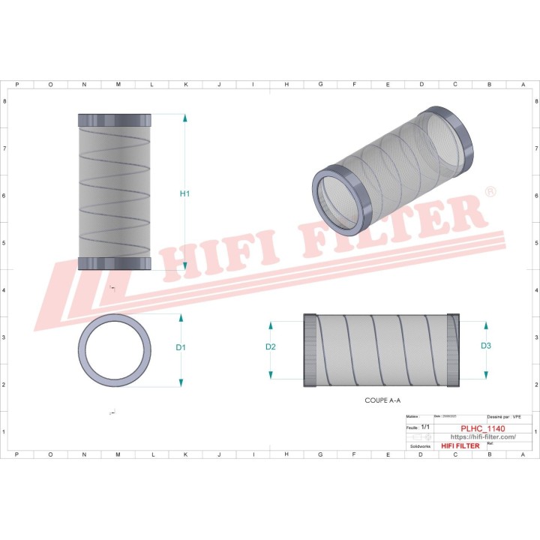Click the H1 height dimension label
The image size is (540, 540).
tap(185, 194)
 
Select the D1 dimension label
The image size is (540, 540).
tap(181, 347)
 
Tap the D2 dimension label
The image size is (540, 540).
tap(271, 346)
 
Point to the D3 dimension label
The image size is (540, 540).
tap(486, 346)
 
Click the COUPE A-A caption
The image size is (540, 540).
tap(388, 402)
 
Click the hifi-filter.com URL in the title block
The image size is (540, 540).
tap(482, 436)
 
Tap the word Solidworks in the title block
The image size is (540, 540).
tap(417, 445)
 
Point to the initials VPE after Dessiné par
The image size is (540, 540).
tap(516, 416)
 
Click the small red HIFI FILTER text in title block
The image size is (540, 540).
tap(460, 446)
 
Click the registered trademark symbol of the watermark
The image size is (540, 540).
tap(490, 192)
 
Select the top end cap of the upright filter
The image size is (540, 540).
tap(115, 121)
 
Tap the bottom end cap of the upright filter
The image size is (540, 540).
tap(115, 263)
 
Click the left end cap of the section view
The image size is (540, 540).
tap(310, 351)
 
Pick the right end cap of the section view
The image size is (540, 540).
tap(452, 351)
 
